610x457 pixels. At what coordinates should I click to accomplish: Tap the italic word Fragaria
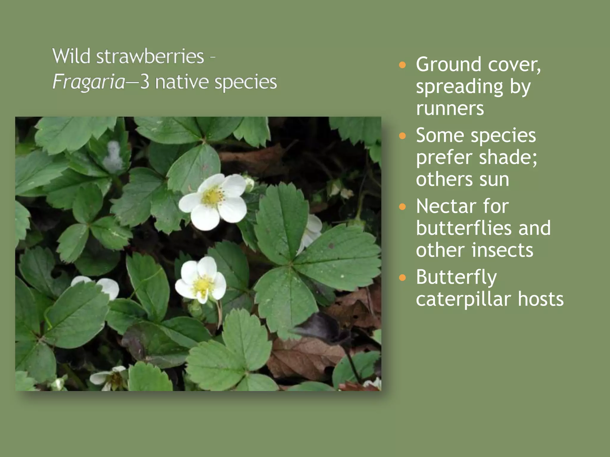88,82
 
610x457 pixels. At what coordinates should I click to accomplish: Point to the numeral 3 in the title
144,82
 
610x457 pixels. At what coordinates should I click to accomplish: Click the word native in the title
182,82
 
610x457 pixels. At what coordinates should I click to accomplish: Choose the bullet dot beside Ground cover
402,65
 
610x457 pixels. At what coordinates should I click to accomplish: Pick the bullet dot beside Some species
402,136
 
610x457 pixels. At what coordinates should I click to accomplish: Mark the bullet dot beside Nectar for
402,207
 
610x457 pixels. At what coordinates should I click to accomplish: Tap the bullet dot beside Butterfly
402,278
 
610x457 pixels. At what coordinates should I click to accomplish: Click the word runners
450,108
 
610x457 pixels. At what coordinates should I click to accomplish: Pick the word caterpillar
464,299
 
